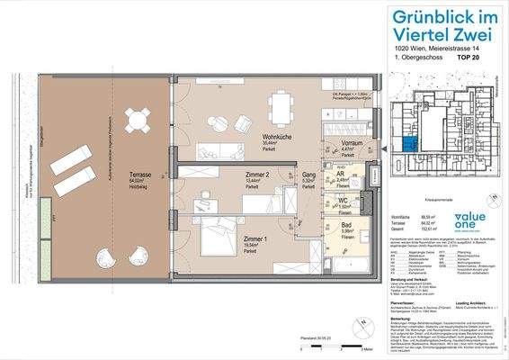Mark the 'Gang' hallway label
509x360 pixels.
click(x=307, y=176)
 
